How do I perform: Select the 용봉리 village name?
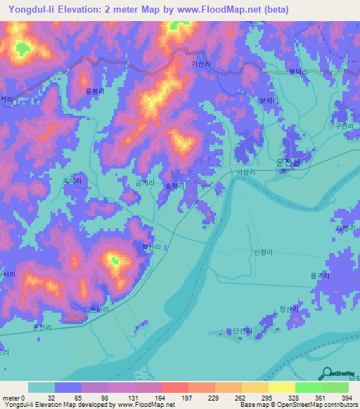pos(94,91)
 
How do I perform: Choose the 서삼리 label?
pos(246,172)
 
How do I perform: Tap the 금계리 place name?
pos(146,181)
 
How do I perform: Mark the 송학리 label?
pos(174,186)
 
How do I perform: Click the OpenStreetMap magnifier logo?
pos(328,373)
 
